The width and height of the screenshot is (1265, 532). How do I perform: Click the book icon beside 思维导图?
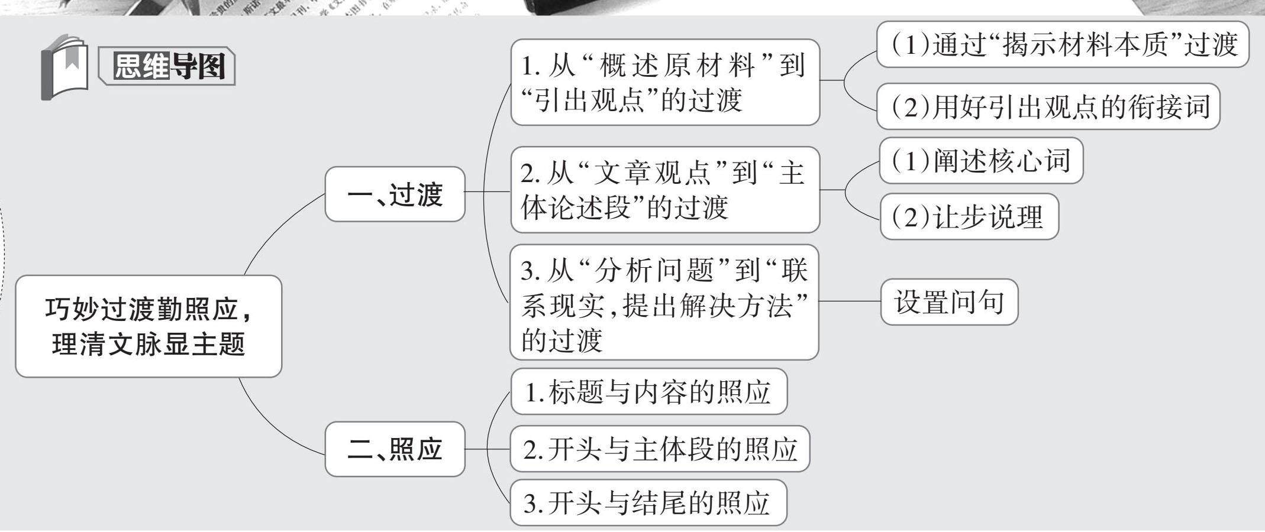click(x=64, y=67)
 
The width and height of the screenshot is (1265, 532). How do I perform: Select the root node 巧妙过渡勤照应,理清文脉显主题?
click(x=148, y=326)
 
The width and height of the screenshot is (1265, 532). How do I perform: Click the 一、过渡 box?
click(x=395, y=194)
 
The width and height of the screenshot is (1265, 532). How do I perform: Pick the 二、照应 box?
click(x=395, y=449)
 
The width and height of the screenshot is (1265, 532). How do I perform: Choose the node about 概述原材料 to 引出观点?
click(x=664, y=82)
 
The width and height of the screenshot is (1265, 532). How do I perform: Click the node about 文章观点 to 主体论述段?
click(x=664, y=190)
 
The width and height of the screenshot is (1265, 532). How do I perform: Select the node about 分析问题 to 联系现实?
click(x=664, y=302)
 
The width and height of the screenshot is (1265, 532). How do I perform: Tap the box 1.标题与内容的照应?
click(x=648, y=392)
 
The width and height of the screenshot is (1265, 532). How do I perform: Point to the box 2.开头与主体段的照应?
click(x=659, y=449)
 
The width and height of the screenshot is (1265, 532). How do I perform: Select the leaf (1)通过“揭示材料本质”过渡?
click(x=1062, y=44)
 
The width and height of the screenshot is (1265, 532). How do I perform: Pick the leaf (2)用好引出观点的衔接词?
click(x=1048, y=107)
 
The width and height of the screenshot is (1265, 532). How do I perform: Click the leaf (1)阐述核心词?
click(x=980, y=161)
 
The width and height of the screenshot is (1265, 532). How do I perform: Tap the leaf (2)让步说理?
click(x=969, y=217)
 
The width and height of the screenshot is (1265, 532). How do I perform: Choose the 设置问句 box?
click(x=949, y=302)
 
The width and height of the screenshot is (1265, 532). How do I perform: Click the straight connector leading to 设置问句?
click(x=850, y=301)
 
